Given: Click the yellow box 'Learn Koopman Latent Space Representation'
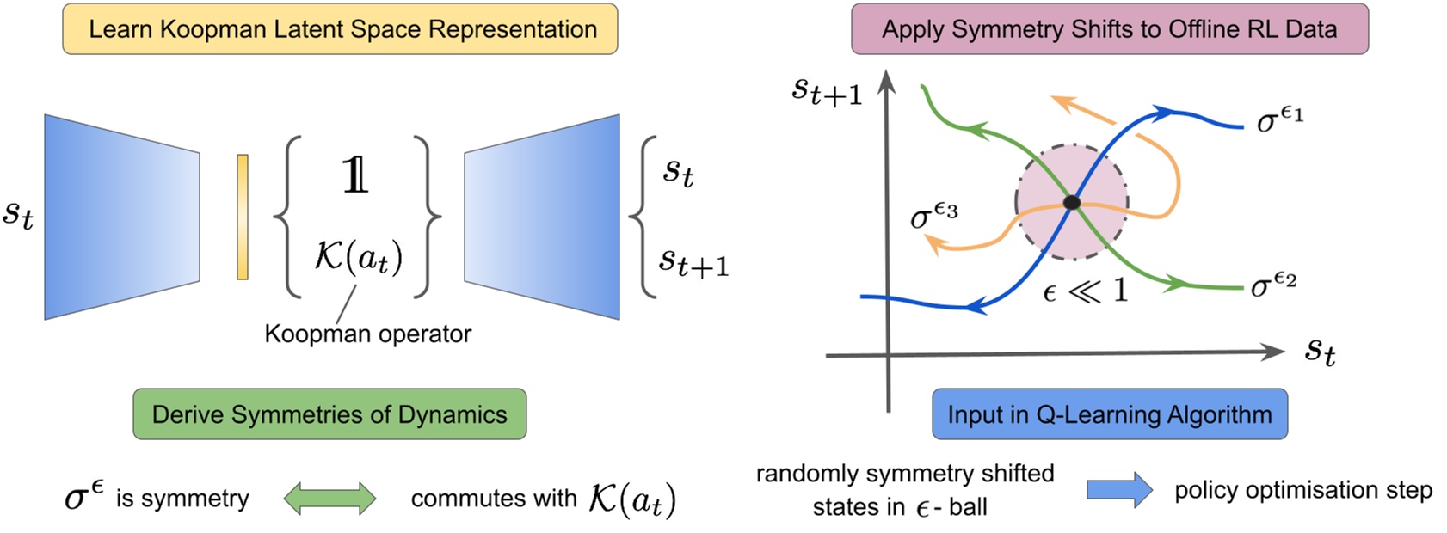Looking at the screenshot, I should (340, 29).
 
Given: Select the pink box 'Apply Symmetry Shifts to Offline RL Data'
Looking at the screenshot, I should (1109, 29).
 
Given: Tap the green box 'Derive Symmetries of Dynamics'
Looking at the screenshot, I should (329, 414).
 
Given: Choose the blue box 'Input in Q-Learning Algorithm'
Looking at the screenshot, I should (1109, 414).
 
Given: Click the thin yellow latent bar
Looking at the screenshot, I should (243, 217).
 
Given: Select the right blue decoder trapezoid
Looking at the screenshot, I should (542, 217).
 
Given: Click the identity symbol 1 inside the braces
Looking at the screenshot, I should (355, 175).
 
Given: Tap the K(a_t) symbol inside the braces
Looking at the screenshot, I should (358, 257).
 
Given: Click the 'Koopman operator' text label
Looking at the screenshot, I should (367, 334).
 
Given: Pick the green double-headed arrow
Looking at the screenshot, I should (329, 499).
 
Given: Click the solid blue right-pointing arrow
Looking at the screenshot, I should (1118, 490).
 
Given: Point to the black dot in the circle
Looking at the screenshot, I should (1071, 203).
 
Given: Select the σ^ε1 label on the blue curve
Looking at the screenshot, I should (1279, 119).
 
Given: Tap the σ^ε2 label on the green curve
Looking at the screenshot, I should (1273, 284).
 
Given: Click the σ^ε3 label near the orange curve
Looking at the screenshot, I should (933, 216).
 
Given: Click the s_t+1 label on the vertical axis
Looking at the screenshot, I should (826, 91).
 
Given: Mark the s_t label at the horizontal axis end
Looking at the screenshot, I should (1320, 351).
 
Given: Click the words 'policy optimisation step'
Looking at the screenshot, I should (1302, 490).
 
